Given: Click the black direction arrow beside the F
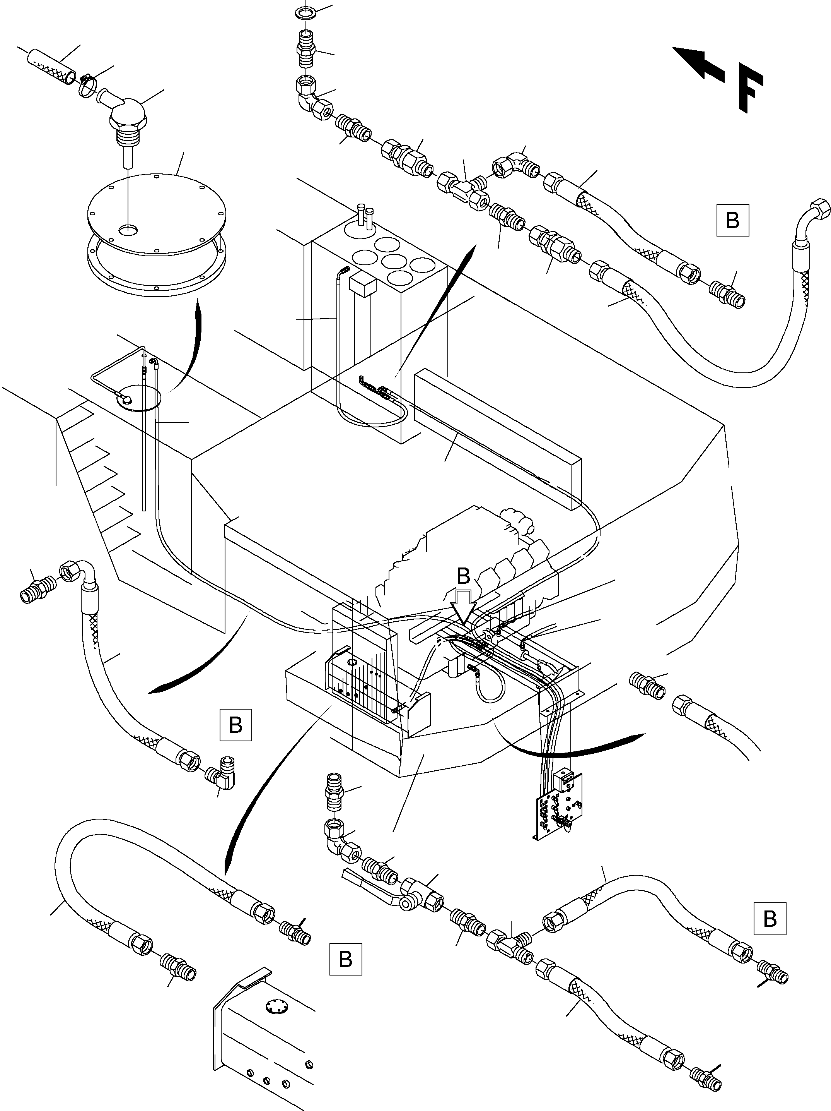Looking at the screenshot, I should (x=698, y=63).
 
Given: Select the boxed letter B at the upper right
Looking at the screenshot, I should (x=733, y=219).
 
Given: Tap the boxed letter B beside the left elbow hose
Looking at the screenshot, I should (x=235, y=725).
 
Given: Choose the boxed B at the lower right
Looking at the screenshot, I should (x=770, y=919).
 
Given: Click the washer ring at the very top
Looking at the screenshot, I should (x=305, y=11).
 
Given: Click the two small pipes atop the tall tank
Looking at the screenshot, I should (x=365, y=215).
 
